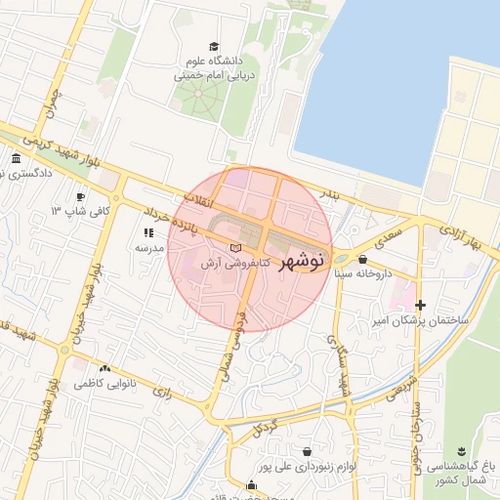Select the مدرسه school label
[x=148, y=248]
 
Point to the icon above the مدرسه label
[x=148, y=232]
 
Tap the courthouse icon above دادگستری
[x=15, y=159]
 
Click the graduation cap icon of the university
[x=214, y=47]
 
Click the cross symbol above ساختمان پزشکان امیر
[x=421, y=305]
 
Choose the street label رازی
[x=162, y=393]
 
